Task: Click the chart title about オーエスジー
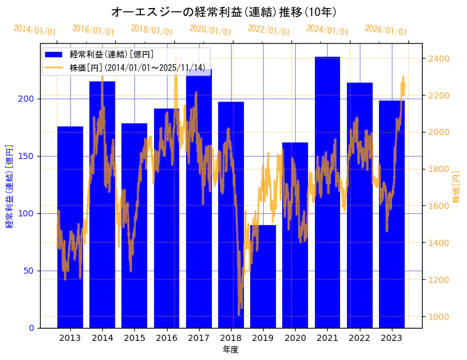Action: click(x=224, y=12)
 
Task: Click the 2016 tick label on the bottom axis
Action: click(x=166, y=338)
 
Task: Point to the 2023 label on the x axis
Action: click(x=392, y=338)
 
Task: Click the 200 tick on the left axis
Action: click(x=29, y=99)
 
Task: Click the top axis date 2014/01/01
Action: click(x=35, y=30)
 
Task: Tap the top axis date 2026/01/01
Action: click(x=386, y=30)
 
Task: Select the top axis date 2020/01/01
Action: click(x=210, y=30)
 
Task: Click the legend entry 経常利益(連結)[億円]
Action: click(x=111, y=55)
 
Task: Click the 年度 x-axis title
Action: click(x=230, y=350)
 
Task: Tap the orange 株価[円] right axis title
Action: click(x=457, y=187)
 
